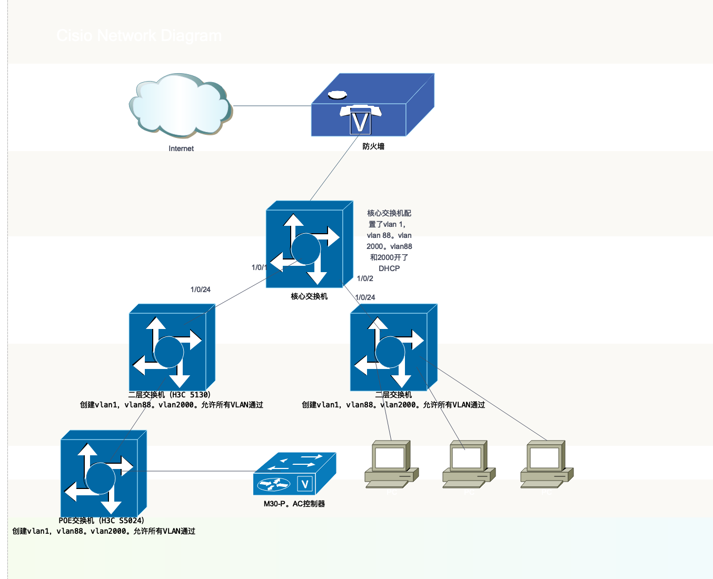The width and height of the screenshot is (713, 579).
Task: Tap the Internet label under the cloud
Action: point(181,149)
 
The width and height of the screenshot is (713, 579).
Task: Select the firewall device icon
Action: point(372,105)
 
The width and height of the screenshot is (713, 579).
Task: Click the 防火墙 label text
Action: point(373,146)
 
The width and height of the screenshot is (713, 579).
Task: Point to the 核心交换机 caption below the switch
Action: point(309,296)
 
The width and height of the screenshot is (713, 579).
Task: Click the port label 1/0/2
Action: point(365,278)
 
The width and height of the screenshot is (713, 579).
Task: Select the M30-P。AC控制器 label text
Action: point(294,504)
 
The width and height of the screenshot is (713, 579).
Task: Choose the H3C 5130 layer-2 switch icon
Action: point(172,347)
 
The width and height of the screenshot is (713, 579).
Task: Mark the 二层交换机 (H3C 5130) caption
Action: point(170,395)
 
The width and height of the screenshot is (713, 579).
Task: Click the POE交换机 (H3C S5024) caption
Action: point(102,521)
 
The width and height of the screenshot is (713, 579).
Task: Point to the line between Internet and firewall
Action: point(272,106)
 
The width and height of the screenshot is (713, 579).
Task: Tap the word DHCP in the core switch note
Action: point(389,268)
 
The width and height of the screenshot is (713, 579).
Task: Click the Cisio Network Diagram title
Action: point(139,36)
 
